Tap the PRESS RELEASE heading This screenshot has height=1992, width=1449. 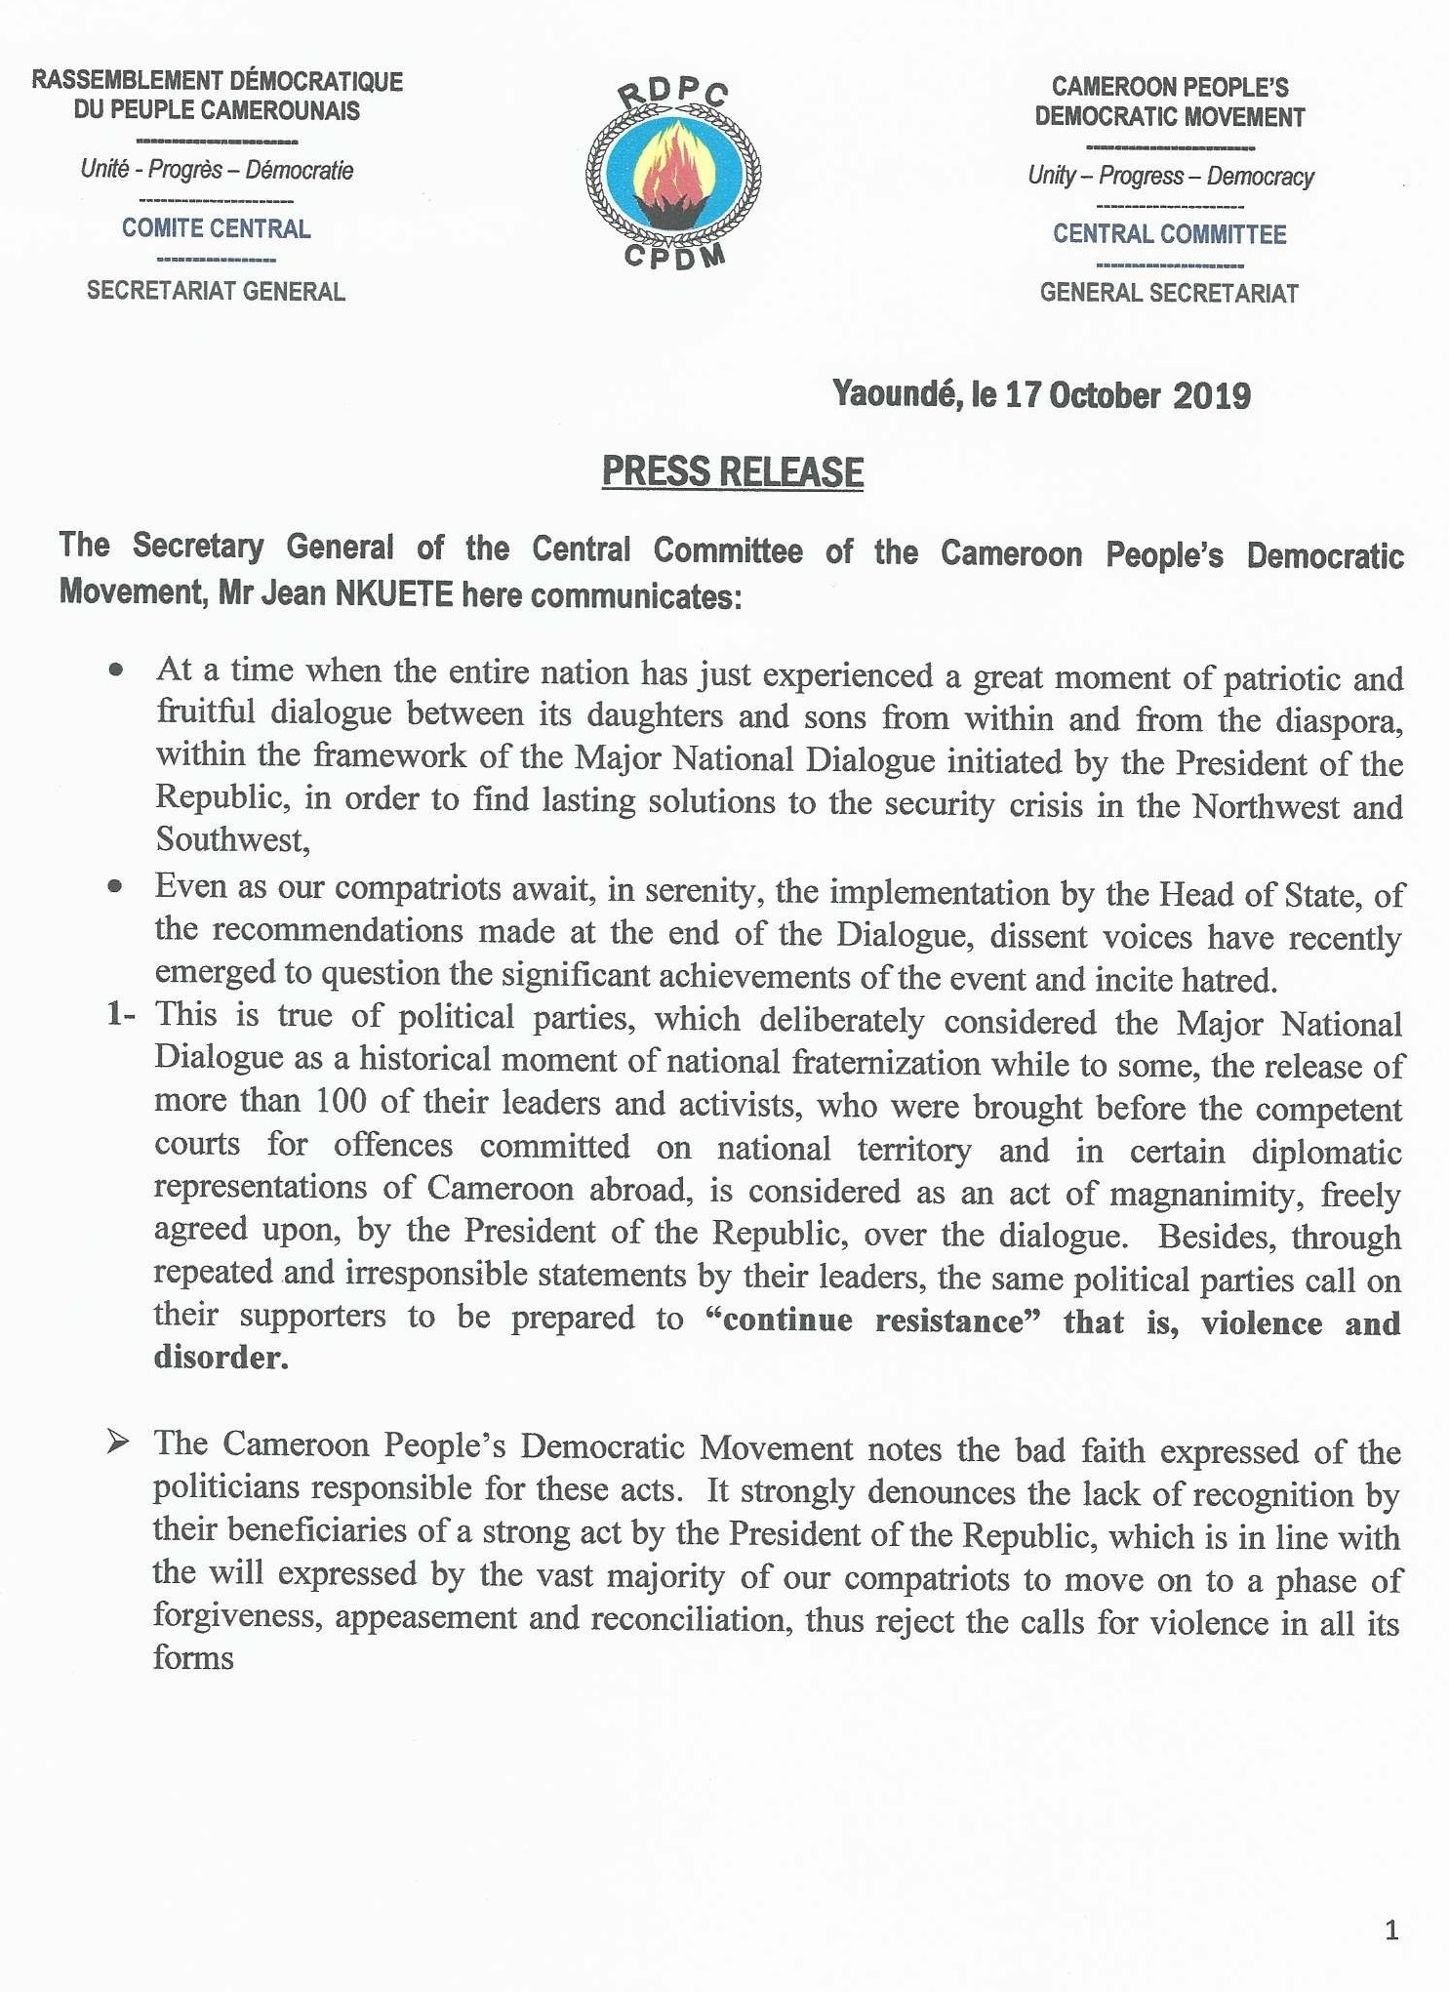coord(732,472)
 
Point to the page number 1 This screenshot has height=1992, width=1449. coord(1391,1930)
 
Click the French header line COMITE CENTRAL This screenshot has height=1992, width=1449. coord(216,229)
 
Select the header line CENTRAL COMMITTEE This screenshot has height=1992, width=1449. coord(1169,235)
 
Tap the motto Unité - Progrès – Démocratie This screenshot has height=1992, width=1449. coord(217,170)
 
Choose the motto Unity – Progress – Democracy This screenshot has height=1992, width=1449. coord(1170,177)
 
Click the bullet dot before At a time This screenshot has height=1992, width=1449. coord(117,671)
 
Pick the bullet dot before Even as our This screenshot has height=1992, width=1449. coord(116,886)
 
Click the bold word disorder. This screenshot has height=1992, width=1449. coord(221,1358)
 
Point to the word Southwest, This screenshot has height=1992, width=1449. coord(232,840)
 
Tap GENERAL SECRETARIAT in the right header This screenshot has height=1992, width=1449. coord(1169,294)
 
